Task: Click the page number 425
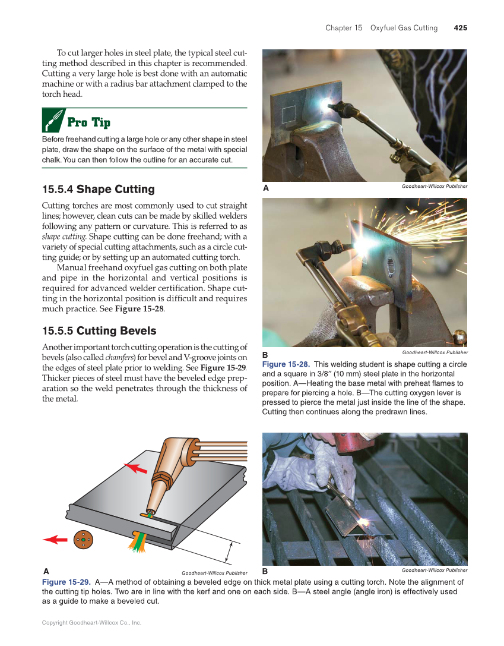tap(460, 28)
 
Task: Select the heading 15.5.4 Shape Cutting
tap(98, 190)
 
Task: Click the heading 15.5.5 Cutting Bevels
tap(99, 331)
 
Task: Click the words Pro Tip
tap(88, 122)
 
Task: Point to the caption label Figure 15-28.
tap(286, 364)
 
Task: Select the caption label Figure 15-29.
tap(66, 582)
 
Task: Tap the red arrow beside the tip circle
tap(55, 540)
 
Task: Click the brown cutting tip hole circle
tap(83, 540)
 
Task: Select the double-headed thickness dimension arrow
tap(227, 552)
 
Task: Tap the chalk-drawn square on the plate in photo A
tap(289, 114)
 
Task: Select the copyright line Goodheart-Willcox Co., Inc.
tap(91, 623)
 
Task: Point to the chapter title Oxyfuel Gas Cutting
tap(404, 28)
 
